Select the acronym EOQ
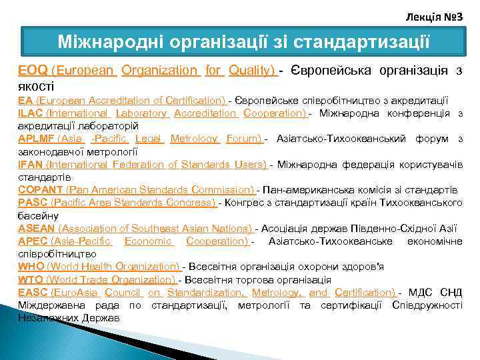32,70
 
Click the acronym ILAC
31,113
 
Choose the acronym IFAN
31,165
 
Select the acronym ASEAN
35,228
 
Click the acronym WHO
31,267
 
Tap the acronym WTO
30,279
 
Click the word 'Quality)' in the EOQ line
253,70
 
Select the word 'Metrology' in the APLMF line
194,139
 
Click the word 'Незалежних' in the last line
46,318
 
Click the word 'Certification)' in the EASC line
366,293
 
